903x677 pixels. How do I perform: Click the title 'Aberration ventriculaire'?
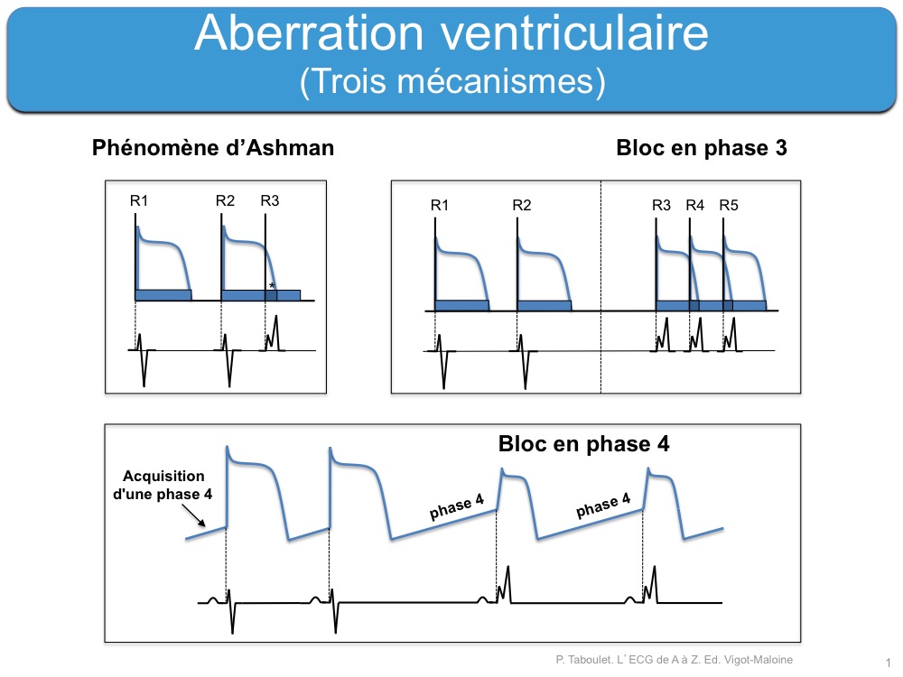(x=451, y=32)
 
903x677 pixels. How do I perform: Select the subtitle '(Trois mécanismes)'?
(x=452, y=80)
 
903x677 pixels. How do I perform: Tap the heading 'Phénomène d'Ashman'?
(x=213, y=148)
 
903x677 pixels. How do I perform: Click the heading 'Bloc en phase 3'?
(x=702, y=148)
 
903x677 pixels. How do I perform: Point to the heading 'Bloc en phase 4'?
(x=584, y=444)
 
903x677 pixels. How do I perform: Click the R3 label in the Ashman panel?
(x=269, y=200)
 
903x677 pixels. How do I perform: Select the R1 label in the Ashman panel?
(x=139, y=200)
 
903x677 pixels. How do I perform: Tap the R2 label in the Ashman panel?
(x=225, y=200)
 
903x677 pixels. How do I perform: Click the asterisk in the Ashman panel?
(x=272, y=285)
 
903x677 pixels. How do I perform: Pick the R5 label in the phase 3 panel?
(x=729, y=205)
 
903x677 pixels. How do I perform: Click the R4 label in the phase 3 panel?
(x=695, y=205)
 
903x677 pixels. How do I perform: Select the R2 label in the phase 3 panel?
(x=522, y=205)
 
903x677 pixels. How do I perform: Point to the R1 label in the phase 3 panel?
(x=440, y=205)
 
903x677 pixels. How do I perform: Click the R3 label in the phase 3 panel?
(x=662, y=205)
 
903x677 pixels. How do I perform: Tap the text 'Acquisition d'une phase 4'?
(x=163, y=485)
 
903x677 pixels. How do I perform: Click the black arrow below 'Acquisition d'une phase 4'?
(x=193, y=515)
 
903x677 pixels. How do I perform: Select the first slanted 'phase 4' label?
(x=457, y=506)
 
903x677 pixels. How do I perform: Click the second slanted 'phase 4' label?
(x=603, y=505)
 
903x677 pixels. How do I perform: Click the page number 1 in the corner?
(x=889, y=663)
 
